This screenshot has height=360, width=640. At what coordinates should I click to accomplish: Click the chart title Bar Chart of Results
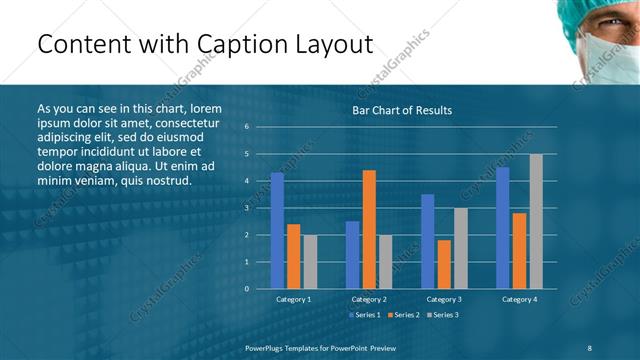(402, 110)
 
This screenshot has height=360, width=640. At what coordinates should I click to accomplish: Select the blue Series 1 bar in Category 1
(277, 230)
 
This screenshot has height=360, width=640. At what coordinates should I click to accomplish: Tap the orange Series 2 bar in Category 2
(369, 229)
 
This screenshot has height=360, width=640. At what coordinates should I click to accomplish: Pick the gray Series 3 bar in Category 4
(536, 221)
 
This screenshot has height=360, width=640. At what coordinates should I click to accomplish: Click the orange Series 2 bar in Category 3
(444, 264)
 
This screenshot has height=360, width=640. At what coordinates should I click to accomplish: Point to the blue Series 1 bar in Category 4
(502, 227)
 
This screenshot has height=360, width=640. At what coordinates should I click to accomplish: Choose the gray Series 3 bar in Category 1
(310, 261)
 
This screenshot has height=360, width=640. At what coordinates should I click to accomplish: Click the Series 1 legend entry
(364, 315)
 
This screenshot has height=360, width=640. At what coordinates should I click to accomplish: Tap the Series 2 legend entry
(402, 315)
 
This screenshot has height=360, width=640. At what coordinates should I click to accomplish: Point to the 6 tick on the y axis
(246, 127)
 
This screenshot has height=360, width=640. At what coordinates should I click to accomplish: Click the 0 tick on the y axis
(246, 289)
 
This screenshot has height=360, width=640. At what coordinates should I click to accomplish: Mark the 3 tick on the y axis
(246, 208)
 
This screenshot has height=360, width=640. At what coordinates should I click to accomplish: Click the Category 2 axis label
(369, 299)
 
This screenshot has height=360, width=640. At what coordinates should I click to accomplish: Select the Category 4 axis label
(519, 299)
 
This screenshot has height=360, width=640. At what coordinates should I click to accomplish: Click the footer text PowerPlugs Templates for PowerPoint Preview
(320, 347)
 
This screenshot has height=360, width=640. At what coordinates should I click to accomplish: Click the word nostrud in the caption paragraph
(166, 179)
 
